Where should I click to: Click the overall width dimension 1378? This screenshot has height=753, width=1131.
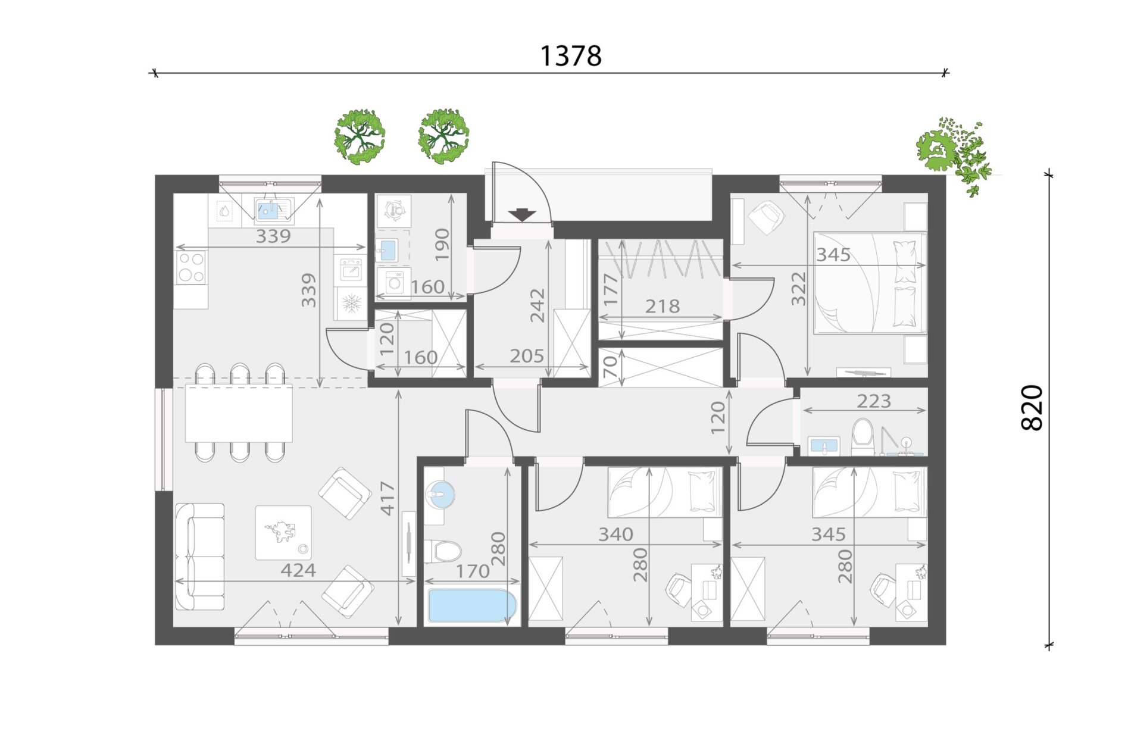click(570, 56)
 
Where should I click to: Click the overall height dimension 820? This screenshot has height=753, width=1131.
click(1032, 408)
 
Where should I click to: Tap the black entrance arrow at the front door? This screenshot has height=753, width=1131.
click(522, 215)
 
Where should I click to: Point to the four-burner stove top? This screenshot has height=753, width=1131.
click(191, 267)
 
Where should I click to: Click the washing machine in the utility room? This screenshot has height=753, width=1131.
click(393, 282)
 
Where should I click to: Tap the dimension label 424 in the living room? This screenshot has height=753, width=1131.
click(298, 570)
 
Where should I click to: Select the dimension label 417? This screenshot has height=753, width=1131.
click(388, 498)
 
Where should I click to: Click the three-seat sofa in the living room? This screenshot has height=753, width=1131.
click(200, 557)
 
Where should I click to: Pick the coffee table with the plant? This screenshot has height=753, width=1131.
click(283, 533)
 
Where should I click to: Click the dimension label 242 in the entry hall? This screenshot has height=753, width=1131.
click(538, 305)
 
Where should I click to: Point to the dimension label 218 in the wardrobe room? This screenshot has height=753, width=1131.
click(662, 306)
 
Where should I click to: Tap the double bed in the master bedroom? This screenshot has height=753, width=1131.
click(870, 282)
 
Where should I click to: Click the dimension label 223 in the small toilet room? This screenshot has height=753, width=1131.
click(874, 401)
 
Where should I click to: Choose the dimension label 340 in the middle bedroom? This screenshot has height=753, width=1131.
click(616, 534)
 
